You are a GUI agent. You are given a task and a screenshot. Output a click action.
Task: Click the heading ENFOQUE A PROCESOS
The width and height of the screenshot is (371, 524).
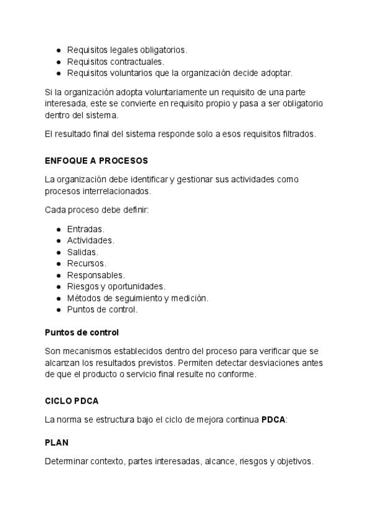click(96, 161)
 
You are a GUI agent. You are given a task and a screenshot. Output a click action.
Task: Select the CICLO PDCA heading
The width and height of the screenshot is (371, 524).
click(72, 400)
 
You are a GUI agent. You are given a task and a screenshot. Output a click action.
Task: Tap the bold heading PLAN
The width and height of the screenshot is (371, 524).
click(56, 442)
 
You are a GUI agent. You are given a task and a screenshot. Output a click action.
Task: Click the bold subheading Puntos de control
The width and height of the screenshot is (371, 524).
click(82, 332)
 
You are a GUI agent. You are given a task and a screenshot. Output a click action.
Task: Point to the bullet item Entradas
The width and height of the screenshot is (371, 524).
click(85, 229)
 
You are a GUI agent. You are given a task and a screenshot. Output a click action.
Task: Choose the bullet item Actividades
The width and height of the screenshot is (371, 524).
click(90, 240)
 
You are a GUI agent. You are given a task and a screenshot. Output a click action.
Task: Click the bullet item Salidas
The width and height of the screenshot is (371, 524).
click(82, 252)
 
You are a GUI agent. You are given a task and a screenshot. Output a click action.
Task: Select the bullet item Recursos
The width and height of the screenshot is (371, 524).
click(87, 263)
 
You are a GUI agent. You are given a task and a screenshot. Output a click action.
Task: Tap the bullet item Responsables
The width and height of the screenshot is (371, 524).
click(96, 275)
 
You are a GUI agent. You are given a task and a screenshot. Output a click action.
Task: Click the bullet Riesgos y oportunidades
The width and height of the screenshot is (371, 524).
click(116, 286)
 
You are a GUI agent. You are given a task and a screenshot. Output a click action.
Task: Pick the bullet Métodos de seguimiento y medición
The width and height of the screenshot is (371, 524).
click(138, 298)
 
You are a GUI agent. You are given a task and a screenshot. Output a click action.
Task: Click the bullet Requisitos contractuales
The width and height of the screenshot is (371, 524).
click(116, 61)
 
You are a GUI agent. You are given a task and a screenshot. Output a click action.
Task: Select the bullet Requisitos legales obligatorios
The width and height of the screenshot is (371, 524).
click(127, 49)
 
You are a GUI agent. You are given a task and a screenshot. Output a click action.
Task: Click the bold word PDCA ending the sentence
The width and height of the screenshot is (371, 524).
click(273, 420)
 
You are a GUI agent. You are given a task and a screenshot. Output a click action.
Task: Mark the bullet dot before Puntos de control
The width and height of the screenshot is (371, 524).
click(58, 310)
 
